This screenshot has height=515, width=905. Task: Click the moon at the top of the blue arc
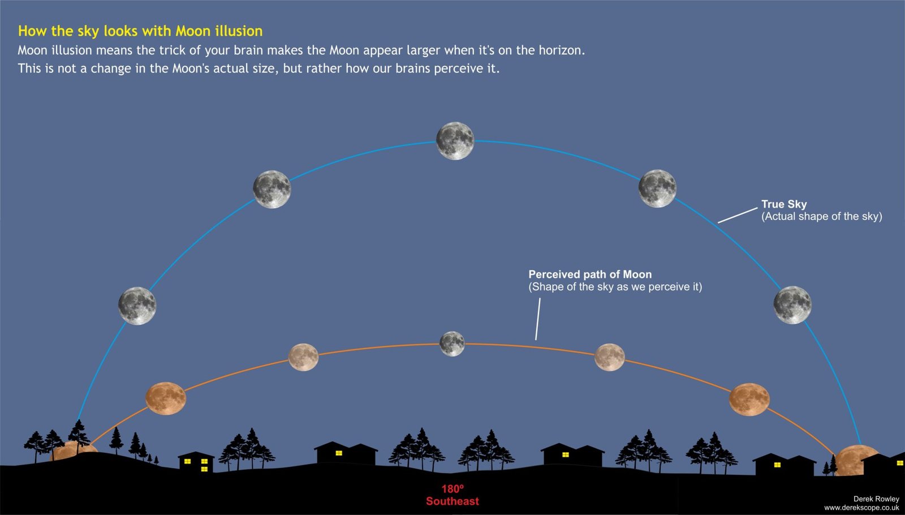coord(455,141)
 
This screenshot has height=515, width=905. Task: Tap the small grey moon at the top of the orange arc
coord(452,344)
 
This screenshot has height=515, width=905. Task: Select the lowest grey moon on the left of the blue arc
coord(137,305)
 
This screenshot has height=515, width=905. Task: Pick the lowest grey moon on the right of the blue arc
coord(792,305)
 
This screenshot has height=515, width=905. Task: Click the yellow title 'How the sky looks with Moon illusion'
coord(140,31)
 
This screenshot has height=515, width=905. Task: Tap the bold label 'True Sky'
coord(784,204)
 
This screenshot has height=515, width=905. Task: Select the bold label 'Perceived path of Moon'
coord(590,274)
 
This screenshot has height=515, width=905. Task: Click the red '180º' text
coord(453,489)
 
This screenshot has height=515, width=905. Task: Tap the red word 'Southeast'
coord(453,501)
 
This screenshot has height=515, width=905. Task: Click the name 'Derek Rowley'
coord(876,499)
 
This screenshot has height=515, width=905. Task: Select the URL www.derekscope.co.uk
coord(861,508)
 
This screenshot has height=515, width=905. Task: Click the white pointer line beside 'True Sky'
coord(738,215)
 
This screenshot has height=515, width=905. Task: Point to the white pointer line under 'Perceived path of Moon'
coord(537,319)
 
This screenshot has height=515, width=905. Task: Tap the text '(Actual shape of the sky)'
coord(821,217)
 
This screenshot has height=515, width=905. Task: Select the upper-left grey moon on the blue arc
coord(271,189)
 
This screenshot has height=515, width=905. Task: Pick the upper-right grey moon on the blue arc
coord(657,188)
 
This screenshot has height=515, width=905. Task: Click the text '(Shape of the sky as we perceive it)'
coord(615,287)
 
